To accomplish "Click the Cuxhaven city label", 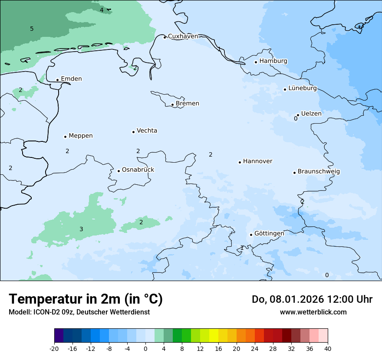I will click(x=183, y=36).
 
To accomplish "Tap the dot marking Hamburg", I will click(x=256, y=62).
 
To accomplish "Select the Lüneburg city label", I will click(x=303, y=88).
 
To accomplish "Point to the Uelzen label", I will click(x=311, y=114).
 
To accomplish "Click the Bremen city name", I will click(x=188, y=104).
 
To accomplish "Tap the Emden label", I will click(x=71, y=79).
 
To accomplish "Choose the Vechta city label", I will click(x=147, y=131).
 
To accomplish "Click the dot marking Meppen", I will click(x=65, y=137).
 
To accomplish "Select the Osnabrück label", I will click(x=138, y=170).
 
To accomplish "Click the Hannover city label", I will click(x=257, y=161).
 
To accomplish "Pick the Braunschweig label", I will click(x=319, y=171).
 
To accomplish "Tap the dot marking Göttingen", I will click(x=251, y=235).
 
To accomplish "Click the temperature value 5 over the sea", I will click(x=32, y=29).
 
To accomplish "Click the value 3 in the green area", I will click(x=81, y=229).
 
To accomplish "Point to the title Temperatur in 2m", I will click(x=86, y=299).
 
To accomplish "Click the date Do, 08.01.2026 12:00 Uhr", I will click(x=312, y=299).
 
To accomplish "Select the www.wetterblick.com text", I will click(x=313, y=312).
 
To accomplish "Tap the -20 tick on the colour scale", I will click(x=54, y=348).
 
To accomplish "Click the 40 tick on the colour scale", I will click(x=328, y=348).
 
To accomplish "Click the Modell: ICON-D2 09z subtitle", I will click(x=79, y=312).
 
